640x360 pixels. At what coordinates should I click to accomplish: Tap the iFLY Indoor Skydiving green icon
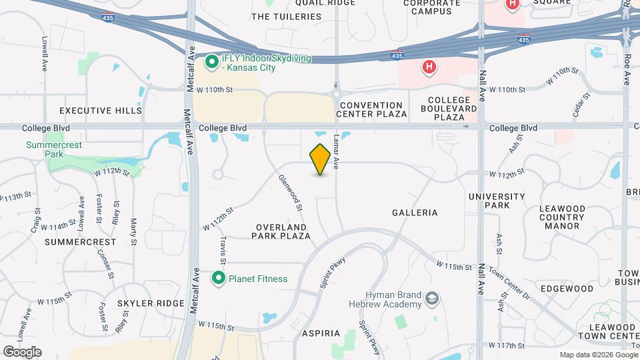pos(212,63)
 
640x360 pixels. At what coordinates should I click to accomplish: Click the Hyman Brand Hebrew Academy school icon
pos(433,298)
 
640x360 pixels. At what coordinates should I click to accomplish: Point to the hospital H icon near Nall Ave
pos(429,67)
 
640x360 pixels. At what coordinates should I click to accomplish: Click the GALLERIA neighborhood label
pos(415,213)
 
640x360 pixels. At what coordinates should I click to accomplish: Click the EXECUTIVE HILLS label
pos(101,111)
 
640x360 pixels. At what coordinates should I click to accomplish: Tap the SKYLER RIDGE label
pos(151,303)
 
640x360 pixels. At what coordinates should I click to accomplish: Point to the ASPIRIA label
pos(321,333)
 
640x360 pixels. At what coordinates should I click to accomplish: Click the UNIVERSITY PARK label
pos(497,201)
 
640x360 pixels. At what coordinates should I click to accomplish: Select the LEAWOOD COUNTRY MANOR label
pos(562,217)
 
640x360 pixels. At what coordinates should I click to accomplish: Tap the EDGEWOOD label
pos(567,289)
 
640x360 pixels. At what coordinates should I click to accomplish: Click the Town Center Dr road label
pos(509,283)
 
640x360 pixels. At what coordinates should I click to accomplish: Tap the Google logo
pos(22,352)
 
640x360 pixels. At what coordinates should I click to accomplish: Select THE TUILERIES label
pos(283,16)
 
